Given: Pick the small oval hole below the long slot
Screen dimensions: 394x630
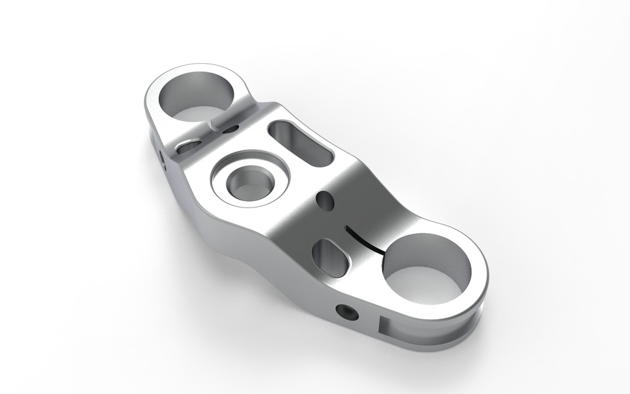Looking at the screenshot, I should (324, 200).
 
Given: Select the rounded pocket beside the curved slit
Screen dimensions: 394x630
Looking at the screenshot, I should (331, 257).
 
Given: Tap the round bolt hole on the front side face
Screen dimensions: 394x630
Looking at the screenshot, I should (346, 312).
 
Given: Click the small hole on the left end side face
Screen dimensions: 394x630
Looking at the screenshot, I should (161, 156).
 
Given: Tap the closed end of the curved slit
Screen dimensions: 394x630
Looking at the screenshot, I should (345, 229).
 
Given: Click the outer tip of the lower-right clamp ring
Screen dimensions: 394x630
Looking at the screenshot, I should (486, 289).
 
